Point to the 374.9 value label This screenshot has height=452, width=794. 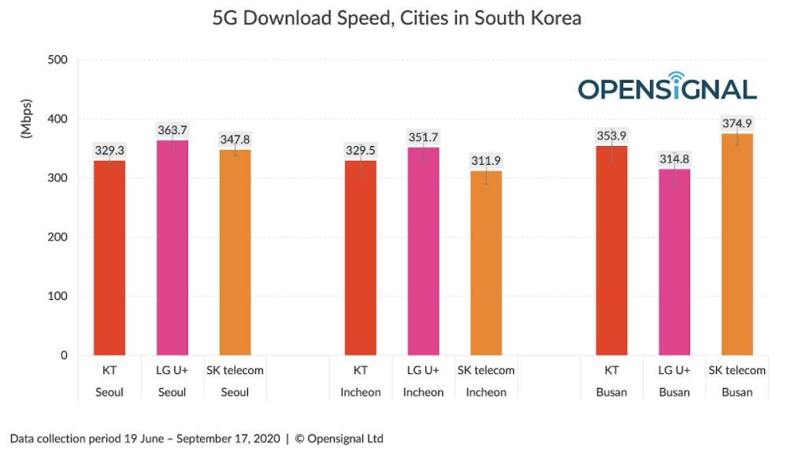pos(737,124)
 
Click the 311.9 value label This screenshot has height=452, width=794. pos(486,161)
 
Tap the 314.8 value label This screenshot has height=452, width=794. pos(674,159)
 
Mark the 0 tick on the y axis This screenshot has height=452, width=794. pos(62,356)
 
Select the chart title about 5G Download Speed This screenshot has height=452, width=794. pos(397,18)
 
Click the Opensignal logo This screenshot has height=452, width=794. pos(667,87)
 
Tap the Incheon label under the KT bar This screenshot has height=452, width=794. pos(360,392)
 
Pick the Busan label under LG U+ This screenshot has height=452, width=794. pos(674,392)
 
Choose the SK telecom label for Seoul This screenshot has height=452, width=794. pos(235,370)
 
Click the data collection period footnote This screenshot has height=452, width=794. pos(196,438)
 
